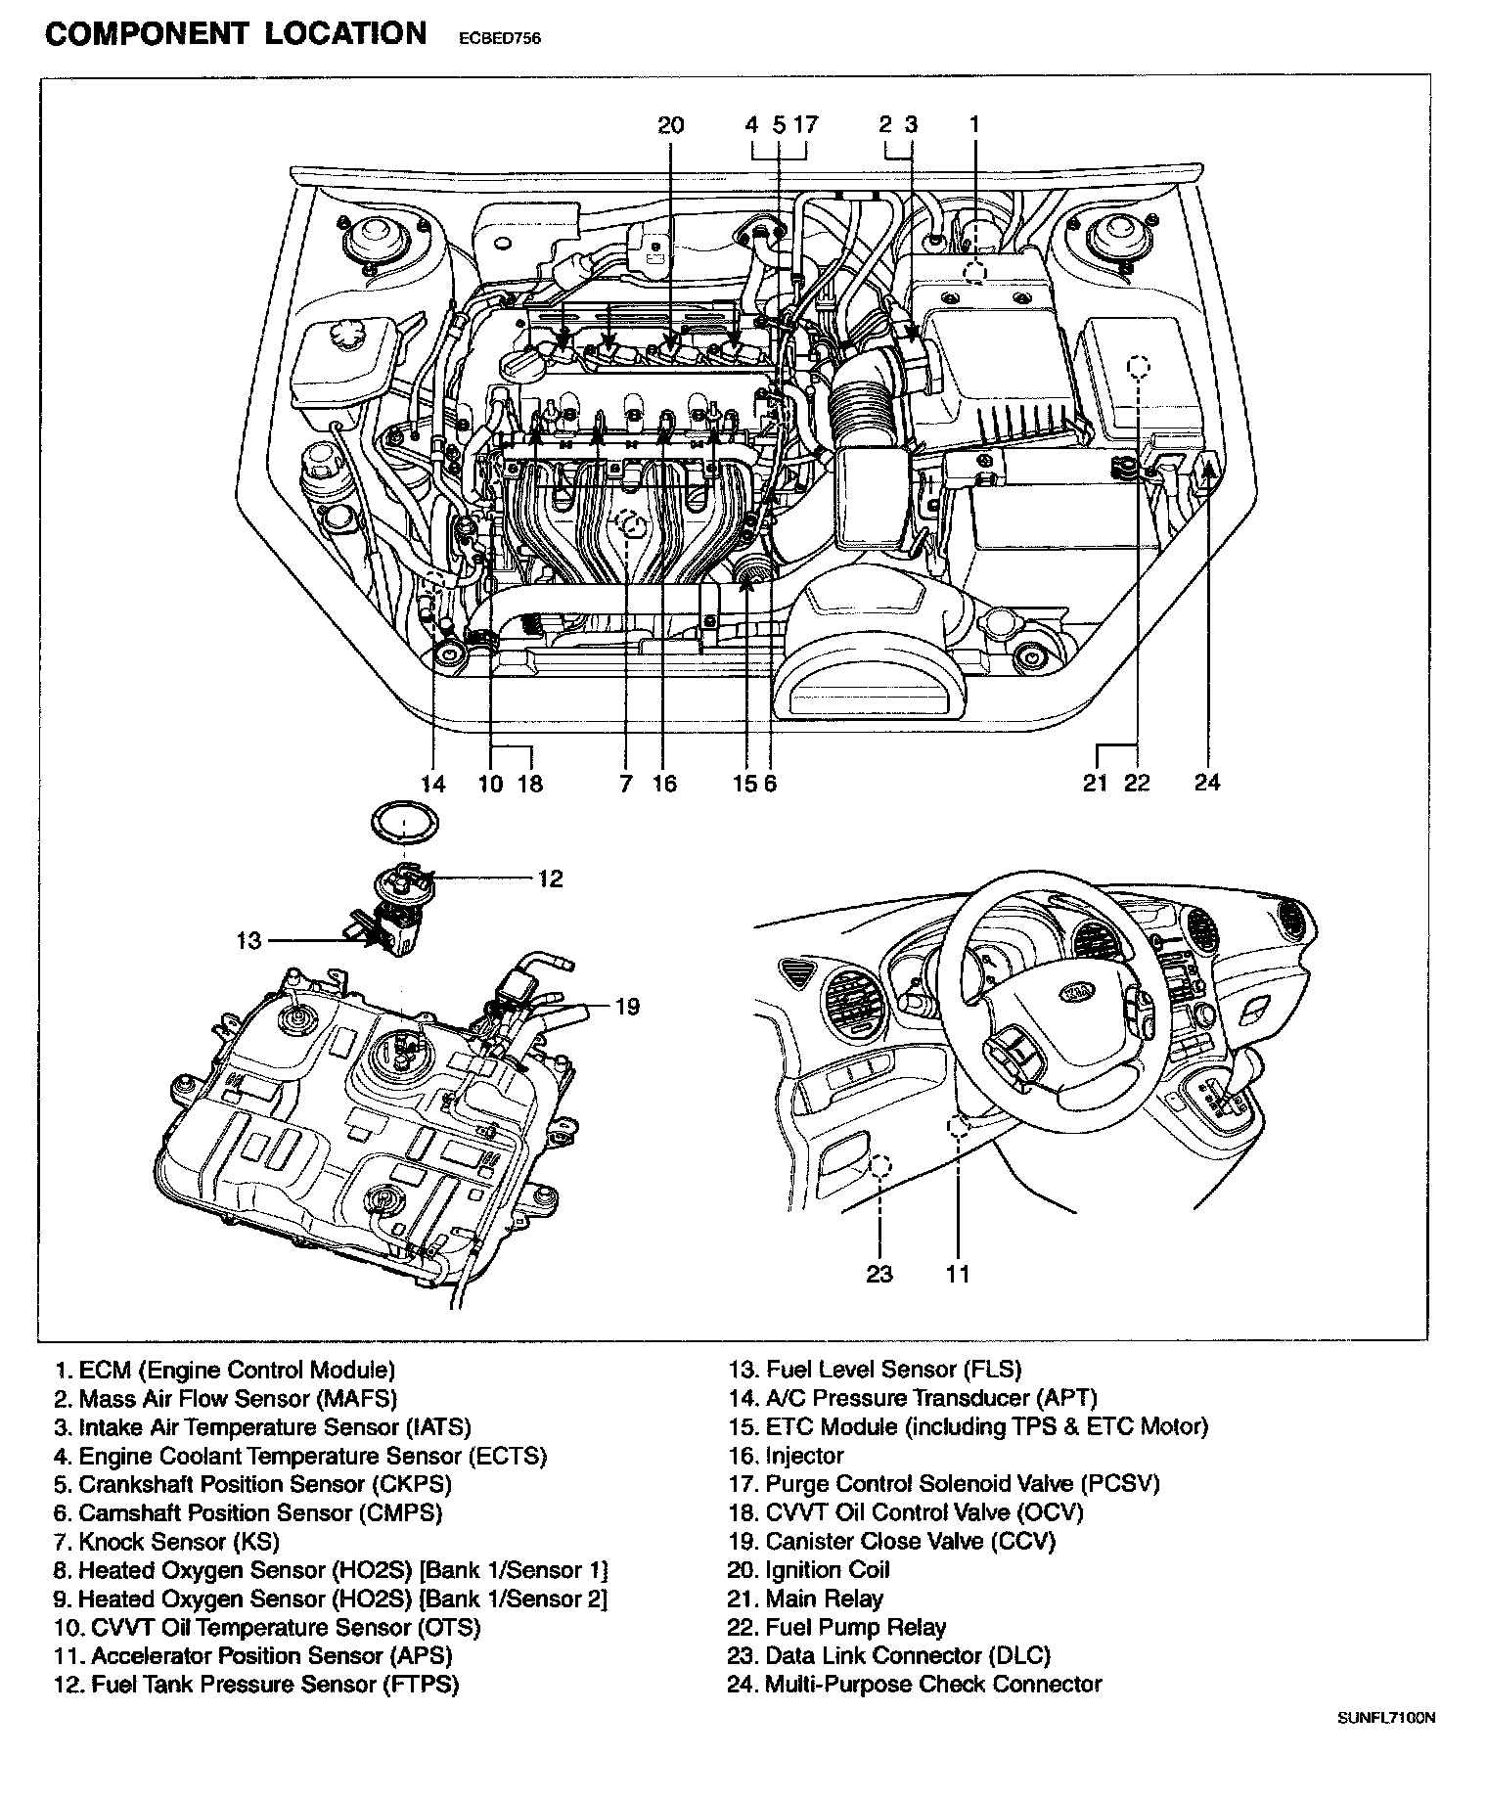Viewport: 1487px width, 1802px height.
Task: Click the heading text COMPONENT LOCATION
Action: point(236,34)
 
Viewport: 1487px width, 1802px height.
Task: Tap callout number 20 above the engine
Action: point(670,124)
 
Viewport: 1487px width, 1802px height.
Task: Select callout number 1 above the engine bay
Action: point(973,124)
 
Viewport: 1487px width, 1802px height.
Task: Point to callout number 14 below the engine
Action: point(432,784)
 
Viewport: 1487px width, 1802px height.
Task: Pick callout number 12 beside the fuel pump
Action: point(551,878)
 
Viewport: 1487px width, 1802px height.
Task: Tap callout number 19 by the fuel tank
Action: point(627,1006)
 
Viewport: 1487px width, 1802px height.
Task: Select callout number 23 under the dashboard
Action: point(879,1274)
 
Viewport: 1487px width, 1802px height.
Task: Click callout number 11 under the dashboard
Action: point(958,1274)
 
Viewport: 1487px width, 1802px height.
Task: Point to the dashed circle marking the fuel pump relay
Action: point(1138,366)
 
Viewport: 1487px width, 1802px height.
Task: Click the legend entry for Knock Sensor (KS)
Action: point(166,1542)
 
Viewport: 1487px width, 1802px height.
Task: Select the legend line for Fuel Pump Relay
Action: point(837,1627)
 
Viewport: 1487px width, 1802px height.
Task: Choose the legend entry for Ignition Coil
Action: point(809,1570)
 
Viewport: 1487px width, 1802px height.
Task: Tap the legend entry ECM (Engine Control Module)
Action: point(225,1371)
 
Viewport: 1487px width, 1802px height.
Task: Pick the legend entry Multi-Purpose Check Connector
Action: point(915,1685)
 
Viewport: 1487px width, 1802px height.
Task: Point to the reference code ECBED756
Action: point(499,40)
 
